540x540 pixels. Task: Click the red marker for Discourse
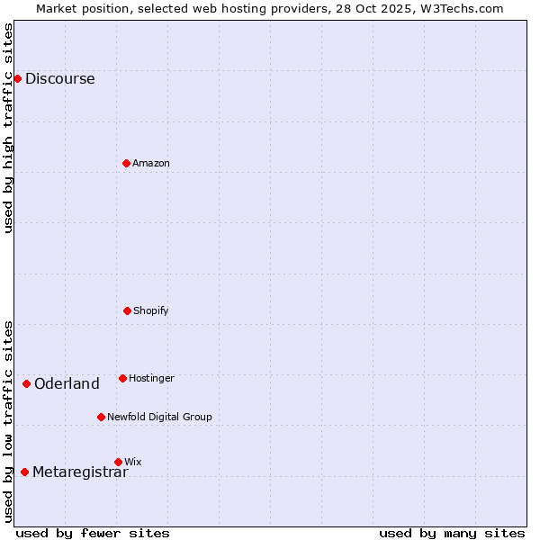point(17,78)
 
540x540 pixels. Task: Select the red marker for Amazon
point(126,163)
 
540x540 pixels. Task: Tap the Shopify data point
point(127,310)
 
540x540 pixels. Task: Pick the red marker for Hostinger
point(122,378)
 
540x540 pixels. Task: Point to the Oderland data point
point(26,383)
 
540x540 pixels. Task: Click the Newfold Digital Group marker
point(101,417)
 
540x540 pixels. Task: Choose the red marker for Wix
point(118,462)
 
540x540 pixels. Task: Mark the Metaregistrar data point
point(24,472)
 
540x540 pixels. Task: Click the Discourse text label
point(59,78)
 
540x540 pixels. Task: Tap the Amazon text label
point(151,163)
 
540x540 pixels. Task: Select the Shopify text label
point(151,310)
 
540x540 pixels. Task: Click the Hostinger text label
point(151,378)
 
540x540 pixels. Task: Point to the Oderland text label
point(67,383)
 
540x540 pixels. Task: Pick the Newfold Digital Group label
point(159,417)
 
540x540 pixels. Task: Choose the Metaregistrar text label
point(80,472)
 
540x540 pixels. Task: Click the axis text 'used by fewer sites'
point(93,533)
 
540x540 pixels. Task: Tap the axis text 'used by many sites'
point(452,533)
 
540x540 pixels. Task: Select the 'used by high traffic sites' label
point(8,128)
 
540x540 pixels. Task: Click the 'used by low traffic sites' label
point(8,421)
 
